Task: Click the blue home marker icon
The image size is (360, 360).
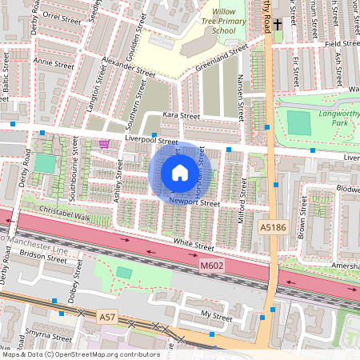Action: [x=180, y=173]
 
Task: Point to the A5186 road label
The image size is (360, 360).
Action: [x=272, y=228]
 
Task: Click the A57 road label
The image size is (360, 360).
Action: [x=107, y=318]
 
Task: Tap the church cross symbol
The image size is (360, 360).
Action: [x=277, y=25]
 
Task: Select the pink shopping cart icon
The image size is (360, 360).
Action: [x=104, y=144]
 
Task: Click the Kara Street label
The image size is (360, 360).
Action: [x=181, y=116]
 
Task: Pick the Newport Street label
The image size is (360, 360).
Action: [x=194, y=203]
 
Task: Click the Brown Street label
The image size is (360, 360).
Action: [x=302, y=216]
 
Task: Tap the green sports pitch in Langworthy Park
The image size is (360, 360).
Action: [x=298, y=123]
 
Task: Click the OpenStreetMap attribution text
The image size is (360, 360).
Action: [x=80, y=354]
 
